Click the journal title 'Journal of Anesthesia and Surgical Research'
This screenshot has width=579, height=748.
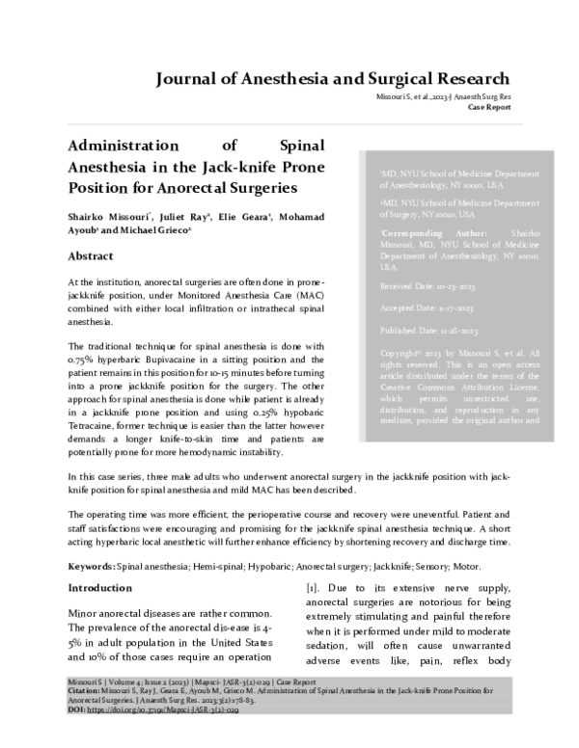(x=360, y=80)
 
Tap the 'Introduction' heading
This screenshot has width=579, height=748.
(x=100, y=588)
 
